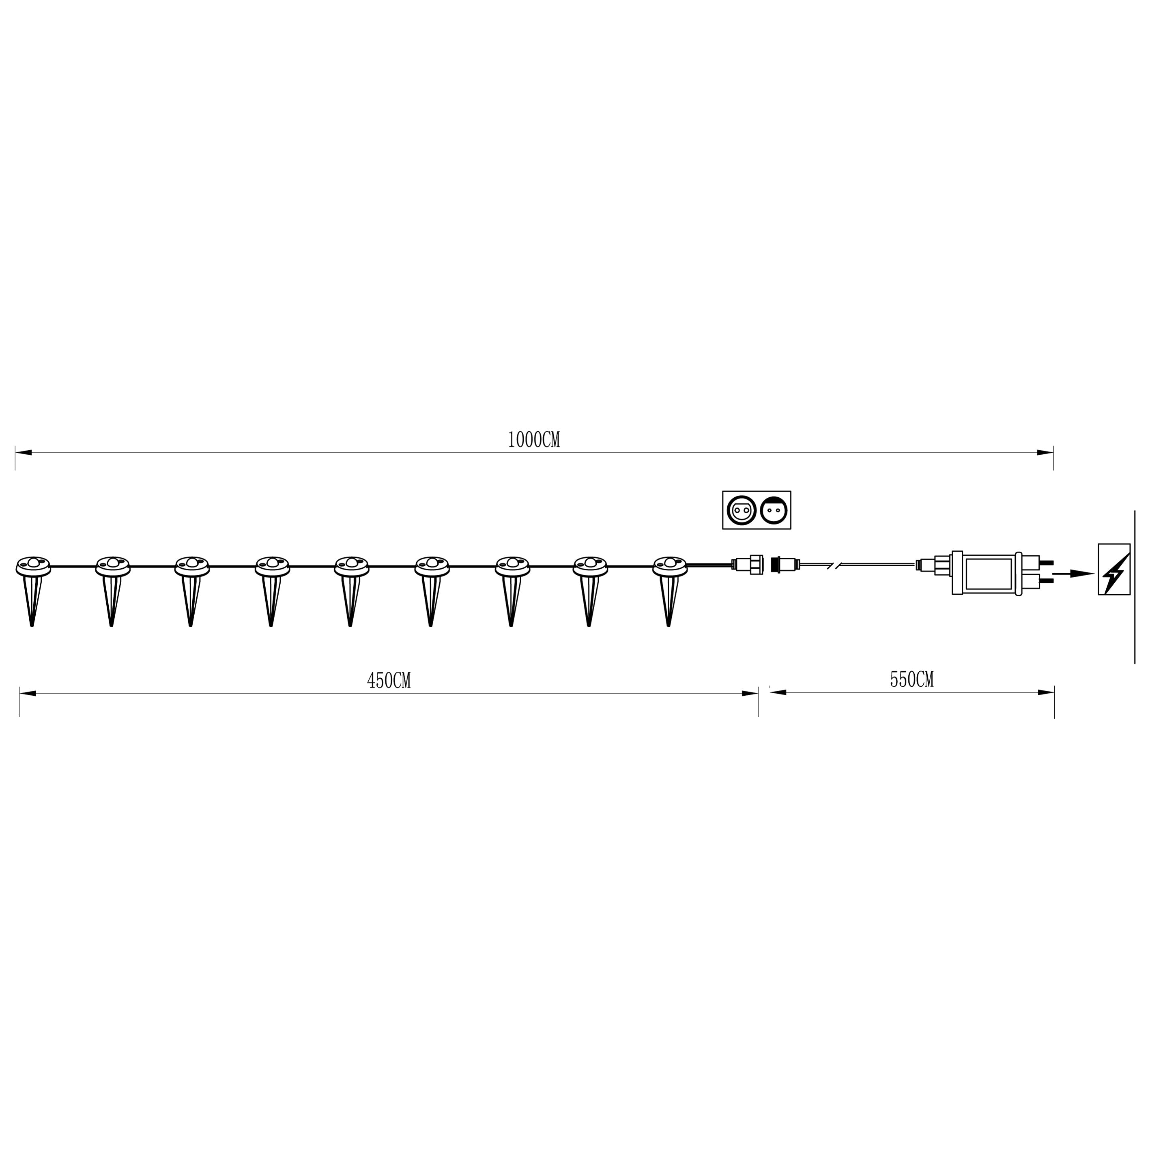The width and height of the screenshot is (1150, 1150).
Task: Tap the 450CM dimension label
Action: point(389,680)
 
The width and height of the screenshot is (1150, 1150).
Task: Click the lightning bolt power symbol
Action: point(1113,569)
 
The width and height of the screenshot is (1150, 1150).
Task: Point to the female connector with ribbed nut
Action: point(752,564)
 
